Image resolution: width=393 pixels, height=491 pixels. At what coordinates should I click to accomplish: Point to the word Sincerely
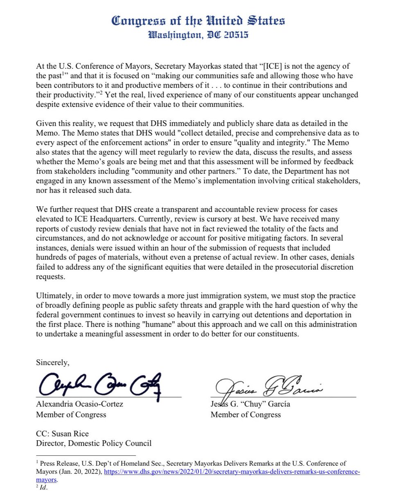53,363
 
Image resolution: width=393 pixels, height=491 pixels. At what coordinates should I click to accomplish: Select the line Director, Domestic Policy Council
94,443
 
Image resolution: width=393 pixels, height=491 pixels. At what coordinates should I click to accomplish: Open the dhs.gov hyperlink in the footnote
232,472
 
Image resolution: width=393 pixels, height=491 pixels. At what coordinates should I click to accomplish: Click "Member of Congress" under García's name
246,414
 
